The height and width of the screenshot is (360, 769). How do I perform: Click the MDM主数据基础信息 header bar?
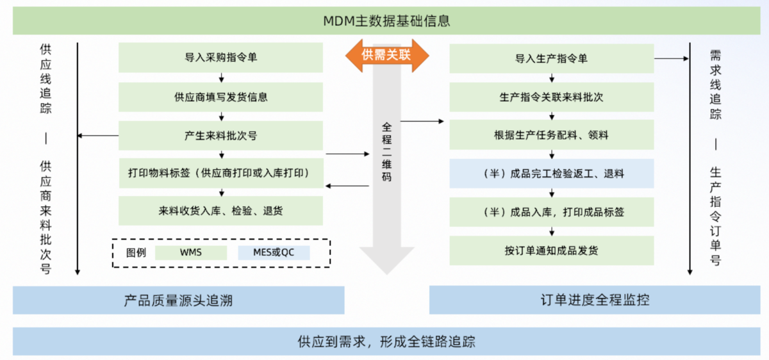coord(384,20)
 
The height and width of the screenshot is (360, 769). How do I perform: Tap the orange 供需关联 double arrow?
coord(386,55)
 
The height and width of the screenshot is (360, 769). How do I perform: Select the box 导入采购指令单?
coord(220,58)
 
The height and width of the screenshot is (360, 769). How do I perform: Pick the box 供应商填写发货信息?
coord(220,97)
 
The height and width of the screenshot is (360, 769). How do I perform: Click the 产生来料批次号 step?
coord(220,136)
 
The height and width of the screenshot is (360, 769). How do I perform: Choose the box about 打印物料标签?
coord(220,174)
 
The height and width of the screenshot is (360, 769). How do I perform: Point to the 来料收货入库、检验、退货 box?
coord(220,211)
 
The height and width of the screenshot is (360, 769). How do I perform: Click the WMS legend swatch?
coord(191,252)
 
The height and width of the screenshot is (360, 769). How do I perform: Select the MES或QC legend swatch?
coord(274,252)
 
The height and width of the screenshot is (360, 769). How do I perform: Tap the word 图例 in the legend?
coord(136,252)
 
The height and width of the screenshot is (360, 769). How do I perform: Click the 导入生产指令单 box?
coord(551,58)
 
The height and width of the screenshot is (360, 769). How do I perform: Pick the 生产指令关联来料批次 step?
coord(551,97)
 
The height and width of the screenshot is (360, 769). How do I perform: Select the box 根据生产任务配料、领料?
coord(551,135)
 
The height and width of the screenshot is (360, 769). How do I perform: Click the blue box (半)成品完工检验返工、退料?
coord(551,174)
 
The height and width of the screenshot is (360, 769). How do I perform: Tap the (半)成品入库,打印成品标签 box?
coord(551,212)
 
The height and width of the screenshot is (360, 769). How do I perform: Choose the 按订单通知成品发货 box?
coord(551,250)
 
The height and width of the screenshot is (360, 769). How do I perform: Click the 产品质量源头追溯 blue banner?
coord(178,300)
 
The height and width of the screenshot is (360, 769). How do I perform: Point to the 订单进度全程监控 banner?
coord(595,300)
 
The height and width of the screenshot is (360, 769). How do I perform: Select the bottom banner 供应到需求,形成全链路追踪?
coord(384,341)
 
